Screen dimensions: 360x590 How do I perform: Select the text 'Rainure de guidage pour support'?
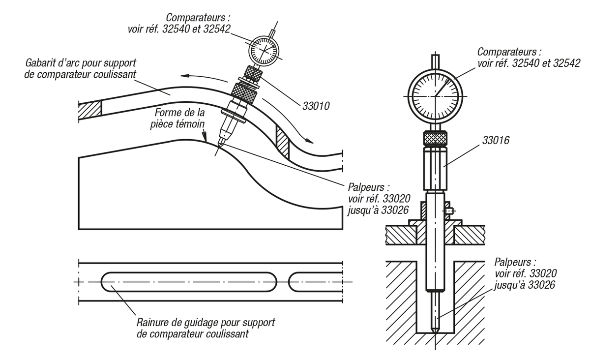click(x=206, y=323)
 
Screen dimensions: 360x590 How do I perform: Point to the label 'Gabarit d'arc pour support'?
click(x=80, y=63)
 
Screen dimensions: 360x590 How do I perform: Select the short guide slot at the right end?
click(x=315, y=281)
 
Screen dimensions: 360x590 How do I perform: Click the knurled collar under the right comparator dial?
click(x=435, y=139)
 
